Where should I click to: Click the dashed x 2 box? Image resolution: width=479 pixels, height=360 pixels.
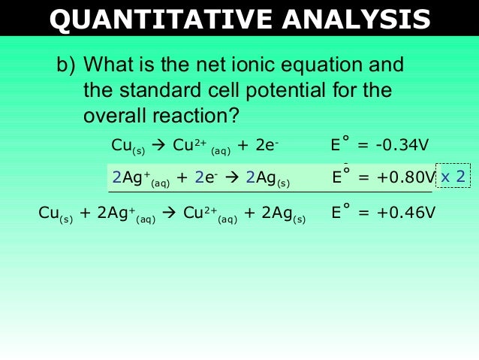tap(453, 177)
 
